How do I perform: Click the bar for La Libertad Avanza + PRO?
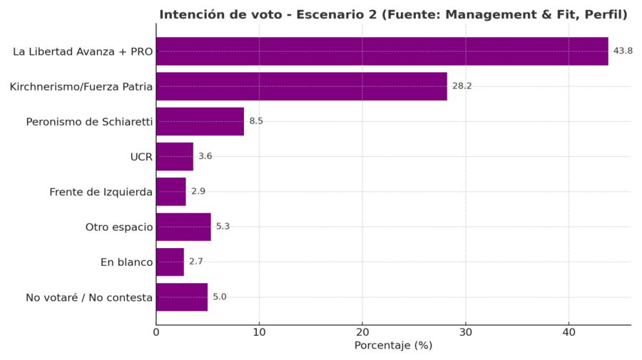coord(382,51)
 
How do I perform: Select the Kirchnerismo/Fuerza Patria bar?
coord(301,86)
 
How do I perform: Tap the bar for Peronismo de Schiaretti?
coord(200,121)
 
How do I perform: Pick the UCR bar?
coord(174,156)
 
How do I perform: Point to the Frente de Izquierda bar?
coord(170,192)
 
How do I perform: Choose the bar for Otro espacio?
coord(183,227)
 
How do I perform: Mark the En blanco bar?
coord(170,262)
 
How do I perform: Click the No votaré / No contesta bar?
coord(181,297)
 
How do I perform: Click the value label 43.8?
coord(623,51)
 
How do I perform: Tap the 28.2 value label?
coord(462,86)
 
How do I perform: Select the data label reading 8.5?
coord(256,121)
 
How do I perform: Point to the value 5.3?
coord(223,227)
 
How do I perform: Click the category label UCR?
coord(141,157)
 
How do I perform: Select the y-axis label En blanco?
coord(126,262)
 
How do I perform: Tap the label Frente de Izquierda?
coord(101,192)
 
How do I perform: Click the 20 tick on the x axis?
coord(362,332)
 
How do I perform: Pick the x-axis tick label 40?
coord(569,332)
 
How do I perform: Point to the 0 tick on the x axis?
coord(156,332)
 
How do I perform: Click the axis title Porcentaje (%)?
coord(393,346)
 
